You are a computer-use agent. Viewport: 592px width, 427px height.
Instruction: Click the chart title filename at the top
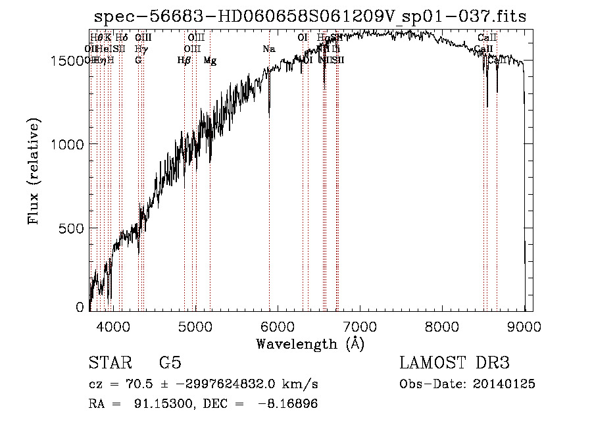(310, 17)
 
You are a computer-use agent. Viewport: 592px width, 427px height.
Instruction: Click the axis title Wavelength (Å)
(310, 343)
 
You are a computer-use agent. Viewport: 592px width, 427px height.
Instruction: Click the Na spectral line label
(268, 49)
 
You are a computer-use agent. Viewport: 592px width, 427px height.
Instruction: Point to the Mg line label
(210, 61)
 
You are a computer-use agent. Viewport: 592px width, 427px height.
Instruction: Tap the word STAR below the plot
(109, 363)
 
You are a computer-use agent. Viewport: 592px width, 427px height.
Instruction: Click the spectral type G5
(170, 363)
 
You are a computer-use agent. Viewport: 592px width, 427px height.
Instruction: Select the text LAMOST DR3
(455, 363)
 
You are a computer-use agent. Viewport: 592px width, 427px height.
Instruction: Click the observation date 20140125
(505, 384)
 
